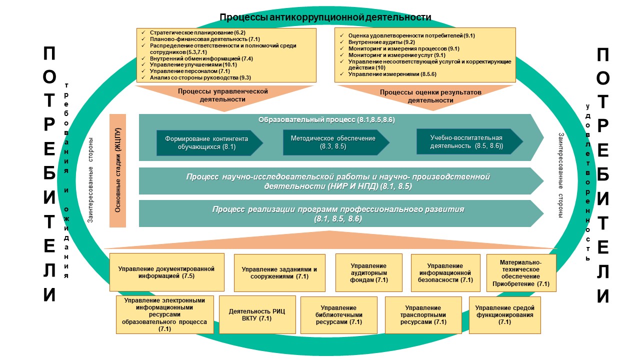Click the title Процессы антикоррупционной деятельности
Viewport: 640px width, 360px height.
(325, 17)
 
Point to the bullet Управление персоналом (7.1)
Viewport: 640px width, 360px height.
(183, 71)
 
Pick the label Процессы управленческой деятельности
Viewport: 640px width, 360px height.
(223, 95)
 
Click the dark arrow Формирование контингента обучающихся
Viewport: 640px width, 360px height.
(208, 143)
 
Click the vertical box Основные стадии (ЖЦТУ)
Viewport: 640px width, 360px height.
(117, 170)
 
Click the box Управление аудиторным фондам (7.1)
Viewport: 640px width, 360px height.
(368, 272)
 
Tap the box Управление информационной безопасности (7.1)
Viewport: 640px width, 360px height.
(445, 273)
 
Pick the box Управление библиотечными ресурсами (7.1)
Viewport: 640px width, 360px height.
(338, 315)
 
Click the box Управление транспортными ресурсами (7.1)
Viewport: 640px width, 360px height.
(423, 315)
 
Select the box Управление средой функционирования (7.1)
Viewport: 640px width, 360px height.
(504, 315)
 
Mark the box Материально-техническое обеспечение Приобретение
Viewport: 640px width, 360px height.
(520, 273)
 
